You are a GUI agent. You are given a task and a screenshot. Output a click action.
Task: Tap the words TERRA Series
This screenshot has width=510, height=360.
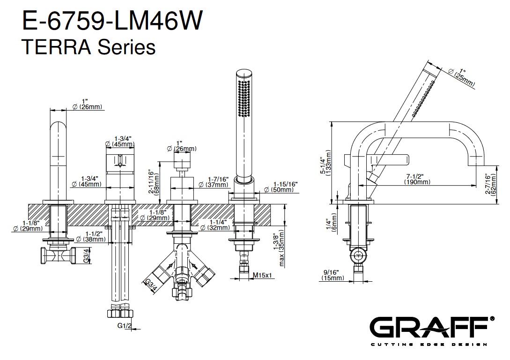pyautogui.click(x=89, y=47)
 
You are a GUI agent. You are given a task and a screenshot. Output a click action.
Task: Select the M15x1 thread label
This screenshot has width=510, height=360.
pyautogui.click(x=263, y=275)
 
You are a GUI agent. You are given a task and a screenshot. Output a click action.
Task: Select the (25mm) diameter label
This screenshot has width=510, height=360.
pyautogui.click(x=464, y=80)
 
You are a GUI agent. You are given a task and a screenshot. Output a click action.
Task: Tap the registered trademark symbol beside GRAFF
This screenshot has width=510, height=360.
pyautogui.click(x=491, y=318)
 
